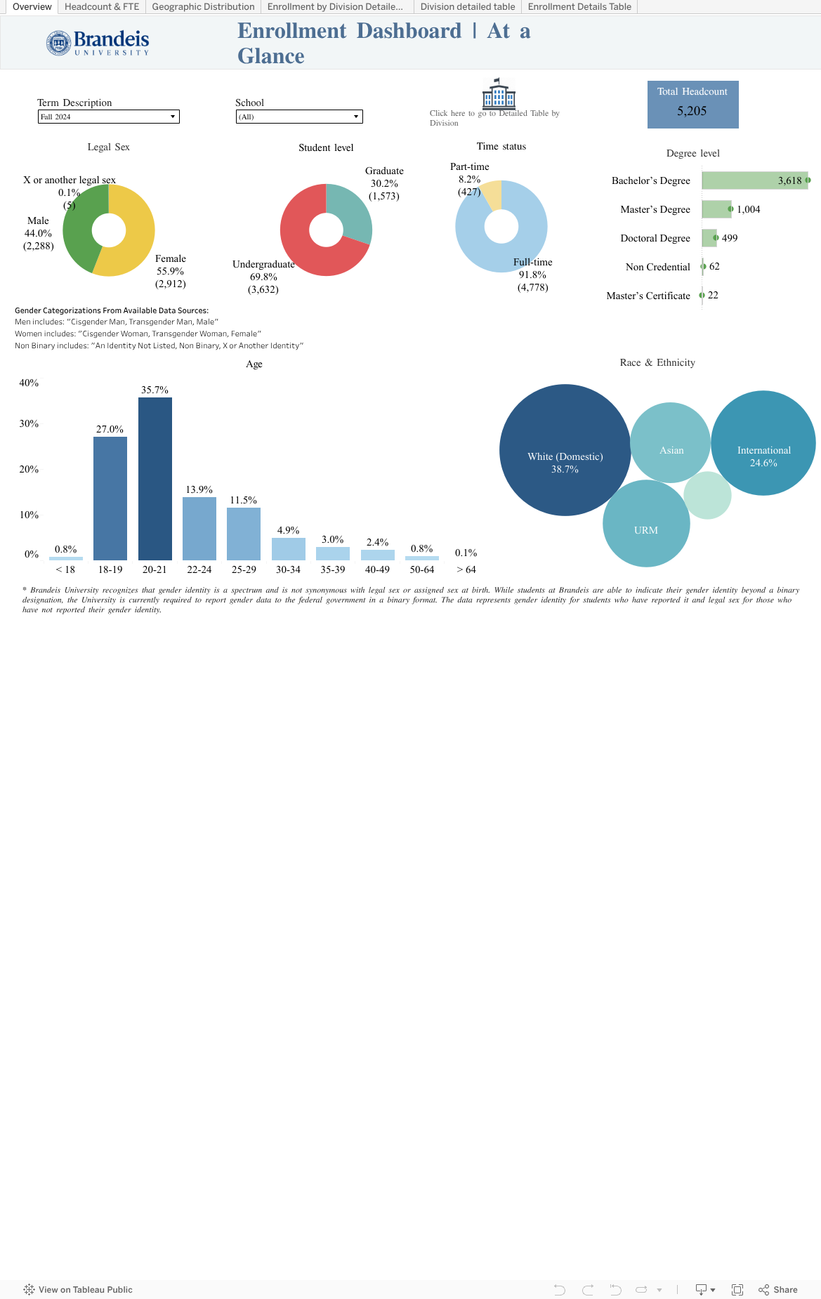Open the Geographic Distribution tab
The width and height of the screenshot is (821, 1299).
coord(203,7)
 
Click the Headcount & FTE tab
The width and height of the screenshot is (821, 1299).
coord(102,7)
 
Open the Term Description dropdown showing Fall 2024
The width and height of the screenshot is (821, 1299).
coord(109,117)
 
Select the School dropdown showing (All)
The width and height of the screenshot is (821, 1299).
coord(299,117)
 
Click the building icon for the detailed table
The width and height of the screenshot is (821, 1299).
coord(499,93)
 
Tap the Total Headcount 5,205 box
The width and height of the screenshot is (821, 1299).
coord(692,105)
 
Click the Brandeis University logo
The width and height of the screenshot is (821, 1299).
coord(98,43)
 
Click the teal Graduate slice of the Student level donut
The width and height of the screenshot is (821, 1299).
coord(351,211)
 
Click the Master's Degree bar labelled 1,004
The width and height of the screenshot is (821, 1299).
coord(716,209)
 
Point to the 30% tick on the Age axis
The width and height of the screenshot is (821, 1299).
coord(29,423)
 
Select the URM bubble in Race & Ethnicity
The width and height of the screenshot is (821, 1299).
coord(646,527)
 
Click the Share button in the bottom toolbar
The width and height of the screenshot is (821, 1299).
coord(778,1290)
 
